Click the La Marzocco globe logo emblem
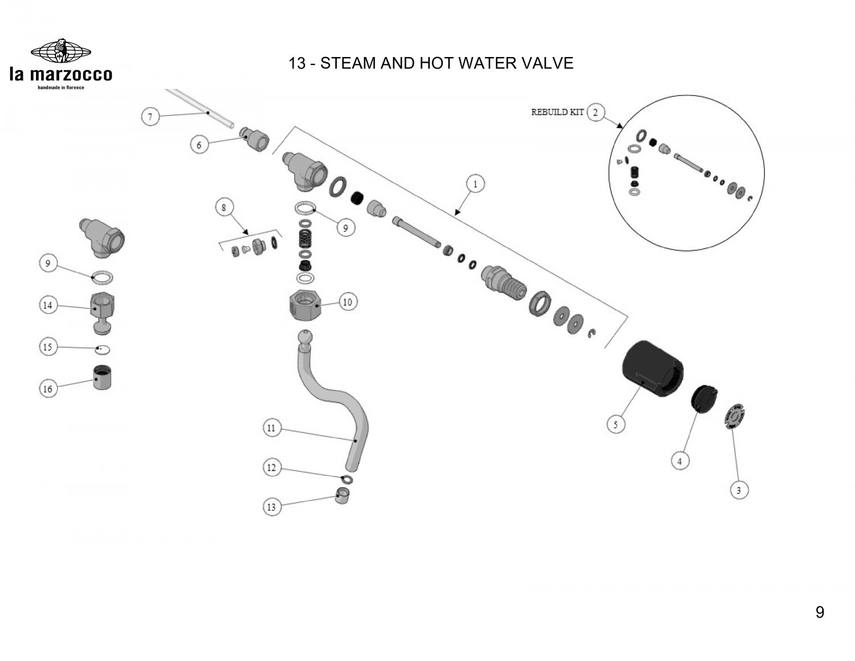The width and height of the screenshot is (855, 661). pos(60,51)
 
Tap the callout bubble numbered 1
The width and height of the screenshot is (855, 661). pos(475,184)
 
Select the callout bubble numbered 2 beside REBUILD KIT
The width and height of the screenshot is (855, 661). pos(596,112)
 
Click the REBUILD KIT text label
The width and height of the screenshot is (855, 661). pos(557,112)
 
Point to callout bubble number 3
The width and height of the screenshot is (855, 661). pos(739,490)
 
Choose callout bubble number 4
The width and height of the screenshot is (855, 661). pos(679,460)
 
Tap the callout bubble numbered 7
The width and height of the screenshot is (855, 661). pos(150,117)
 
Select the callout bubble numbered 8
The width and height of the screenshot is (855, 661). pos(224,208)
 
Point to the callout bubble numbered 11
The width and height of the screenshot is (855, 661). pos(271,427)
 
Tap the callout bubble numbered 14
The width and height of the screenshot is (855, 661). pos(48,306)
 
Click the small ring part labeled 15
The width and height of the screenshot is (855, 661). pos(103,348)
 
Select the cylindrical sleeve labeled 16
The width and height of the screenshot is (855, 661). pos(103,377)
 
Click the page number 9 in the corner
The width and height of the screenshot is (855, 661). pos(820,613)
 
